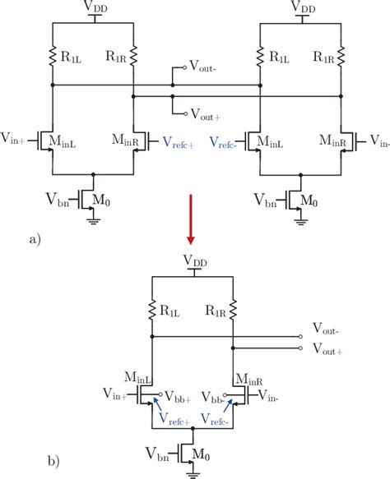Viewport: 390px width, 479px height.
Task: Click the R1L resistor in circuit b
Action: point(154,311)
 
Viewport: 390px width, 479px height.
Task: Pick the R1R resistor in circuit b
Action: point(233,311)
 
